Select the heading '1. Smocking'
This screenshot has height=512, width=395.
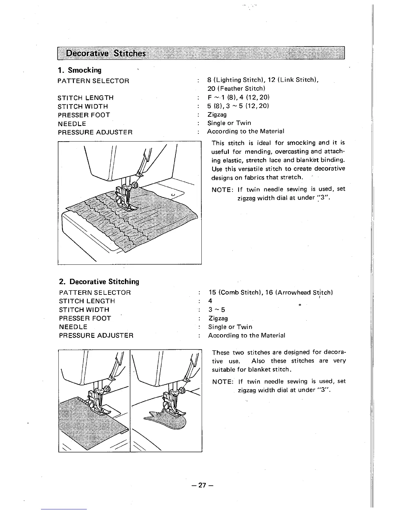click(x=79, y=70)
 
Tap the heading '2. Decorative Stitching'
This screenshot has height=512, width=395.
click(x=99, y=282)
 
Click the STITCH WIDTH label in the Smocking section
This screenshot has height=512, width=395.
click(x=83, y=106)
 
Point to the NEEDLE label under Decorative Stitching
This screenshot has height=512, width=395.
click(x=73, y=327)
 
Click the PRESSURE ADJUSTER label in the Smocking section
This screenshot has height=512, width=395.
click(x=95, y=132)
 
